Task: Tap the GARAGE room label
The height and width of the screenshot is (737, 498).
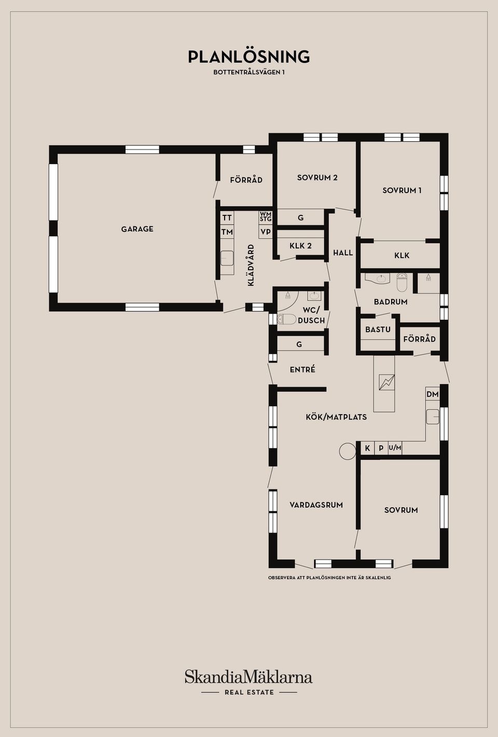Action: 137,229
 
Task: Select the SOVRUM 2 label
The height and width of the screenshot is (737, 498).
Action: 317,178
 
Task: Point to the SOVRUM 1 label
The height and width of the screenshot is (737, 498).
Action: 402,190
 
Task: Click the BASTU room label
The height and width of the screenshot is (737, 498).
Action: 378,330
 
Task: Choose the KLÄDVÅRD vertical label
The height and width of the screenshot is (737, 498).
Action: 251,265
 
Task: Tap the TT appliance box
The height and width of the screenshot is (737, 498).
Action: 227,218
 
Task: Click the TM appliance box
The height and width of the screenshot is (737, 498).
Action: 227,232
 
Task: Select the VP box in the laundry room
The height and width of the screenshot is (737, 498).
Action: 266,232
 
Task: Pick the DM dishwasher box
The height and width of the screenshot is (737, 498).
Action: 432,394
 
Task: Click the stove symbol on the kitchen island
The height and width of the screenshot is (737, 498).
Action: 386,383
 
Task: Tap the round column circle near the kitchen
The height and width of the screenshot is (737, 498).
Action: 348,451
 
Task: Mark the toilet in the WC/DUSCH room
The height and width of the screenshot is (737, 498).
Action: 286,319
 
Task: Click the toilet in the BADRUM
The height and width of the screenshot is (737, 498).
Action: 402,282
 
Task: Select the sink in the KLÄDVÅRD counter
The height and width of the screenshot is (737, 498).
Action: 227,258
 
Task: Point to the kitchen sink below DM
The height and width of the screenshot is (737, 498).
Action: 433,417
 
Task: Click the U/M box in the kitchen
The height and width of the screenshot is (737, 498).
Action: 395,448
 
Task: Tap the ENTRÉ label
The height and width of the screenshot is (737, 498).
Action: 302,370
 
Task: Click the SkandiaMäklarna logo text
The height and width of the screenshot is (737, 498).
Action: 248,677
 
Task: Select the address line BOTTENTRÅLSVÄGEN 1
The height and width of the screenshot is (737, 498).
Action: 248,72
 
